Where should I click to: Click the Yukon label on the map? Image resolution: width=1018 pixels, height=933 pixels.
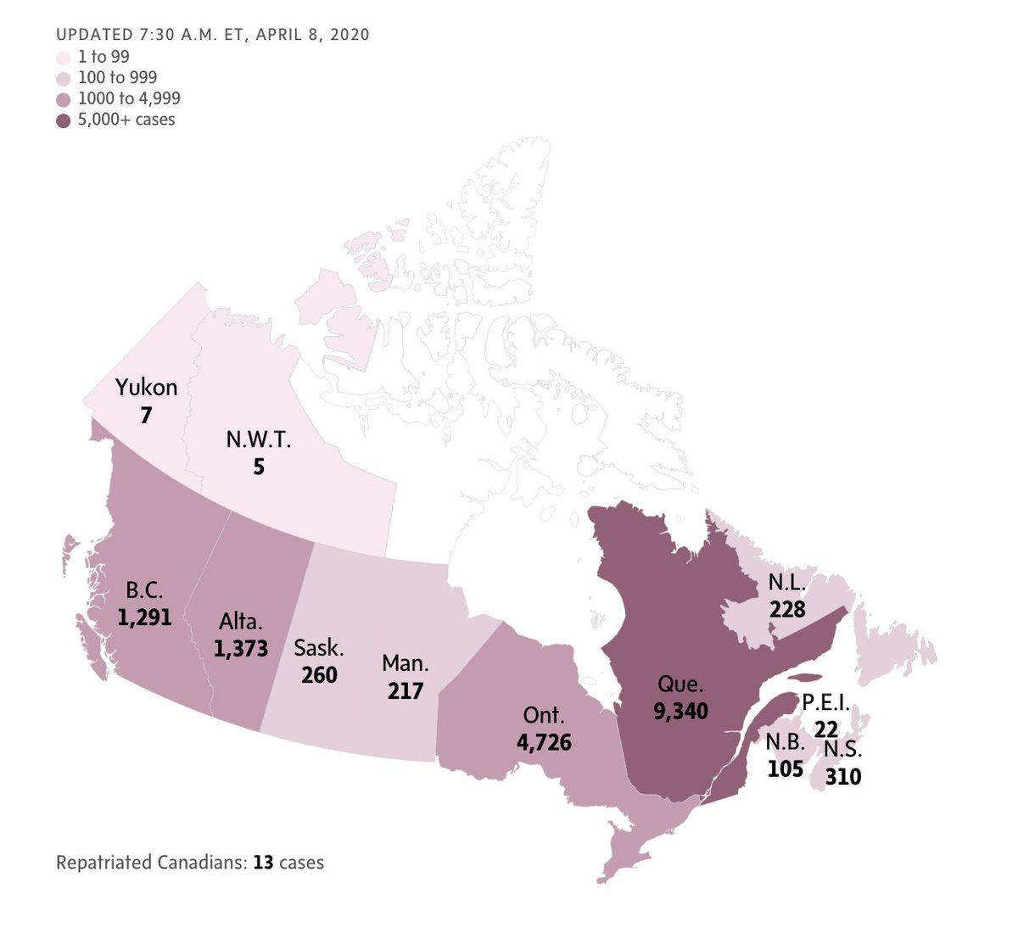coord(147,388)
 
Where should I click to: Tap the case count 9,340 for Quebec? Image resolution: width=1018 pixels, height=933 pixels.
coord(680,711)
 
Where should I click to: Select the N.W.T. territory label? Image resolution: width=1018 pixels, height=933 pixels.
coord(259,439)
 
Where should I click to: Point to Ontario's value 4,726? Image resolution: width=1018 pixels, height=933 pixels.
coord(544,743)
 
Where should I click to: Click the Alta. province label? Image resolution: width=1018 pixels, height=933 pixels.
coord(240,622)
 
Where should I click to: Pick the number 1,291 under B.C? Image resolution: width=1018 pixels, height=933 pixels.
coord(144,617)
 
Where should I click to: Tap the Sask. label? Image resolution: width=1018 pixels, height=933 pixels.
coord(319,649)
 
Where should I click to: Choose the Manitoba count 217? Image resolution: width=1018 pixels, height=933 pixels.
coord(406,691)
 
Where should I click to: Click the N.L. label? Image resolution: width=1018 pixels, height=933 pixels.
coord(787,583)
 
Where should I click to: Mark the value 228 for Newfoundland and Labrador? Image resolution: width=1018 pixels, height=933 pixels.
coord(787,609)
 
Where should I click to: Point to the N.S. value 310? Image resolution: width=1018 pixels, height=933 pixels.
coord(842,775)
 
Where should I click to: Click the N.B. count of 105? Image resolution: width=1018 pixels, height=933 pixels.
coord(785,768)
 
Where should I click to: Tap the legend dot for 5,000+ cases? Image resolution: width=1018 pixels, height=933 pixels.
coord(63,120)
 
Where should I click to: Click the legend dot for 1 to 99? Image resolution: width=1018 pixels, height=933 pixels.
coord(63,59)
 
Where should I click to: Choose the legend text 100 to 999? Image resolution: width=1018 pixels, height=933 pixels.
coord(117,78)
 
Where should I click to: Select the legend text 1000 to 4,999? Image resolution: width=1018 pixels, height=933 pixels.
coord(129,98)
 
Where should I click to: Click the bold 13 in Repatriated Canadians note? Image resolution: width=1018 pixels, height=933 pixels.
coord(263,863)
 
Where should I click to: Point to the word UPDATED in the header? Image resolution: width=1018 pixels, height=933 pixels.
coord(92,35)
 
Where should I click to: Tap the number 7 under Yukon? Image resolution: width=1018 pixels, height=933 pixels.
coord(147,416)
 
